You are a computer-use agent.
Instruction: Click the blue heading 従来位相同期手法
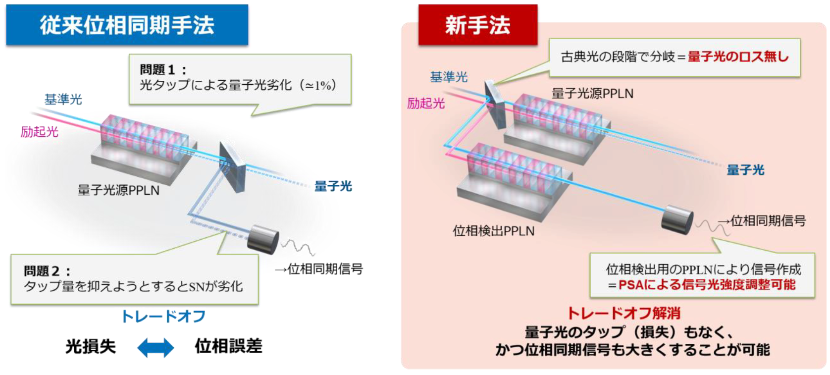point(127,25)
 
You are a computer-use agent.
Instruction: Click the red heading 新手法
point(477,25)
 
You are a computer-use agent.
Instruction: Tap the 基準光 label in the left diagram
point(63,100)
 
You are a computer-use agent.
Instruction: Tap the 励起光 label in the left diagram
point(40,132)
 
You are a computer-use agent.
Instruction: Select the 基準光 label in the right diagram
point(449,77)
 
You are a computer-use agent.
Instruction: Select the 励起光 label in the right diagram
point(426,104)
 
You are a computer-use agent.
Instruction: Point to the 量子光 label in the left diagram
point(333,186)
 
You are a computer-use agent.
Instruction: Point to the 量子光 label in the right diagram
point(745,170)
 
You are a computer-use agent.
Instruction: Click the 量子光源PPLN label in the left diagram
point(118,190)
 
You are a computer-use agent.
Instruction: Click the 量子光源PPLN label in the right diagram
point(592,94)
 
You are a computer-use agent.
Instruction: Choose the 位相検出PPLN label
point(493,231)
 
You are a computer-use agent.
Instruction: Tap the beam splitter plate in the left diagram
point(232,165)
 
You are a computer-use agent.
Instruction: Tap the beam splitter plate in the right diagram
point(494,104)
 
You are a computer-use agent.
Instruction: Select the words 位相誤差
point(228,346)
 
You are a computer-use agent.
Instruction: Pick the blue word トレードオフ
point(163,316)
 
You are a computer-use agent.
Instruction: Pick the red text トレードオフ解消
point(623,313)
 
